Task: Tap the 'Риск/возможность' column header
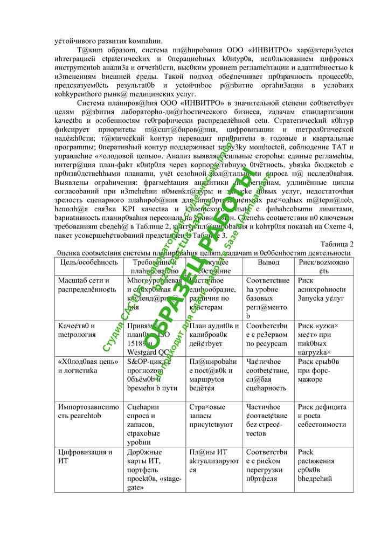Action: click(x=324, y=266)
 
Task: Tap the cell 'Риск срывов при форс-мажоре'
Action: click(x=322, y=370)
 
